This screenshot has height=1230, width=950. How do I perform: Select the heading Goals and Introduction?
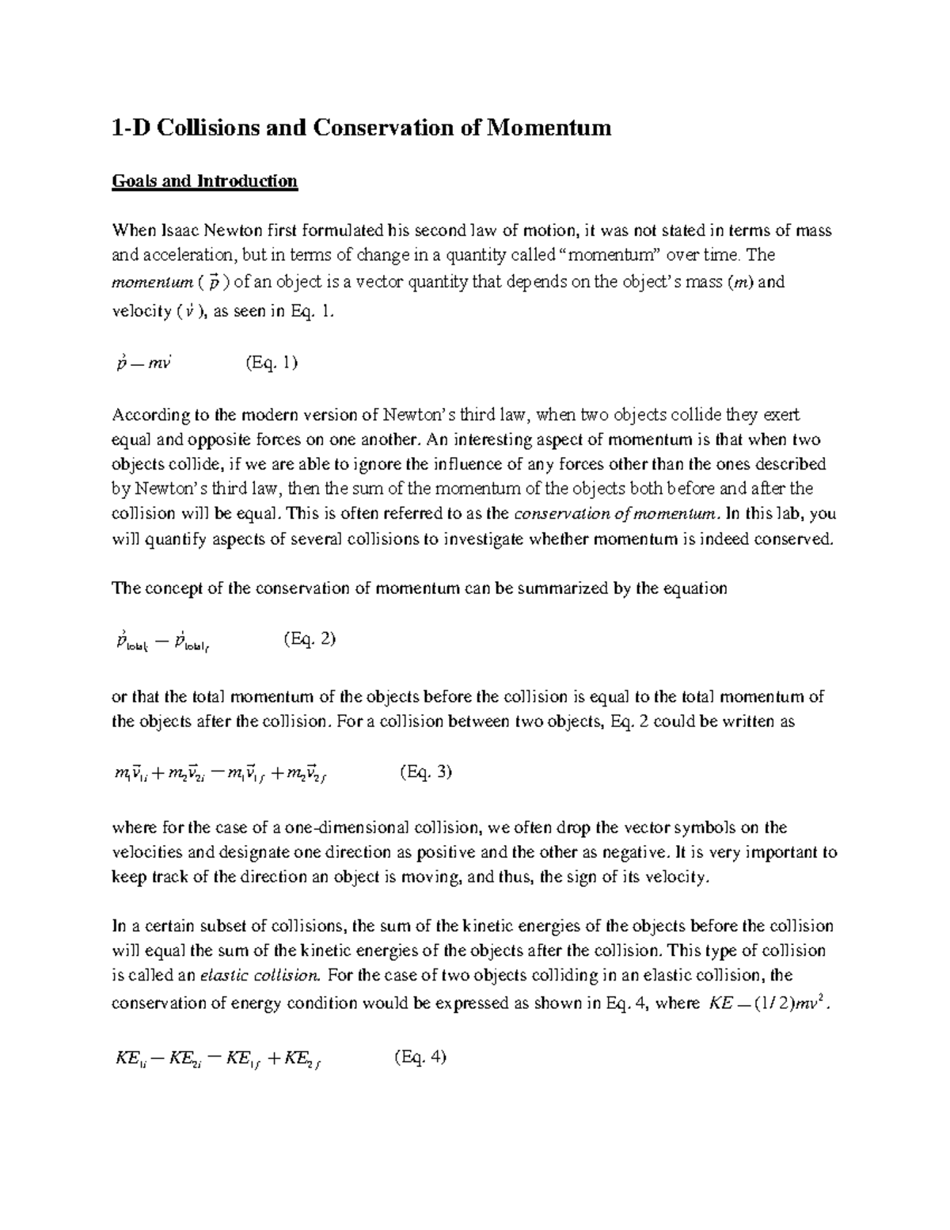204,181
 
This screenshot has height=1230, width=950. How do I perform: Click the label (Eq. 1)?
272,363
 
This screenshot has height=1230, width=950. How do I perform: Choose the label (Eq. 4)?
420,1057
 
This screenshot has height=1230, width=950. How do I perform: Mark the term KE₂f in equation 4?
302,1058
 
